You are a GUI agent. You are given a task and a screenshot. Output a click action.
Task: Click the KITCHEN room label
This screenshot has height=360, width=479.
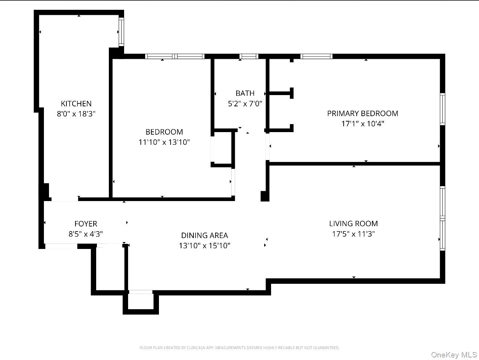point(76,104)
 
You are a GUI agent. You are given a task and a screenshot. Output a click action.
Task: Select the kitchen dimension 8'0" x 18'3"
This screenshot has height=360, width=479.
point(76,114)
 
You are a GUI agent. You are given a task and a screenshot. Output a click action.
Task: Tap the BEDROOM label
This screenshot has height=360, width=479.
point(164,132)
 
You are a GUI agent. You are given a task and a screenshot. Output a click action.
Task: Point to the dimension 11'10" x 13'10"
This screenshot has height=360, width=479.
point(164,142)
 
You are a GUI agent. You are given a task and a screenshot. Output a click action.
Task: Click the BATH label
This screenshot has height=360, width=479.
point(245,93)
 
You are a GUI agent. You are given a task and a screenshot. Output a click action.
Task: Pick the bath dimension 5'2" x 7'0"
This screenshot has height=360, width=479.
point(245,104)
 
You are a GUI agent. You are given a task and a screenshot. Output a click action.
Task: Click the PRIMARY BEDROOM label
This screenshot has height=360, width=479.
point(363,114)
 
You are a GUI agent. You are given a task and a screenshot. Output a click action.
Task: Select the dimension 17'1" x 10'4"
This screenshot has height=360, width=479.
point(363,124)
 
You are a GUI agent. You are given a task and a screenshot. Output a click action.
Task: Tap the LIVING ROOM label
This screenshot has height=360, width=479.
point(353,224)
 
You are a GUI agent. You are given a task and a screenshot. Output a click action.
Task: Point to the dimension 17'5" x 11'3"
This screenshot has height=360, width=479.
point(353,234)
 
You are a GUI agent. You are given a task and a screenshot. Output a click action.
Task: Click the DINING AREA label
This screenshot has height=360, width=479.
point(204,236)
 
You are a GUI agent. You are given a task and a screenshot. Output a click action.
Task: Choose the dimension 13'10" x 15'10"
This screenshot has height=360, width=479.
point(204,246)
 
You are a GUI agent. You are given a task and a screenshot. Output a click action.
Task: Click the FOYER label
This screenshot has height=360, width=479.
point(86,224)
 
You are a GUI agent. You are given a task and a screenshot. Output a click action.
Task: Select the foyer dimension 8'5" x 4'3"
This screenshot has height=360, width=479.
point(86,234)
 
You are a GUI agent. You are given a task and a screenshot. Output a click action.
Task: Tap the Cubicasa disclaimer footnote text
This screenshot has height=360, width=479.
point(239,348)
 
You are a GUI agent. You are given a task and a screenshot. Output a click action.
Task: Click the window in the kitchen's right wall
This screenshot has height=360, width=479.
point(122,32)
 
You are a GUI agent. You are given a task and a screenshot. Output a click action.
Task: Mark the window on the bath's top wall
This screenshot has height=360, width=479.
point(249,56)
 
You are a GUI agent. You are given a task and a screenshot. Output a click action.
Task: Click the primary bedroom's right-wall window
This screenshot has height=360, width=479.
point(442,109)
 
